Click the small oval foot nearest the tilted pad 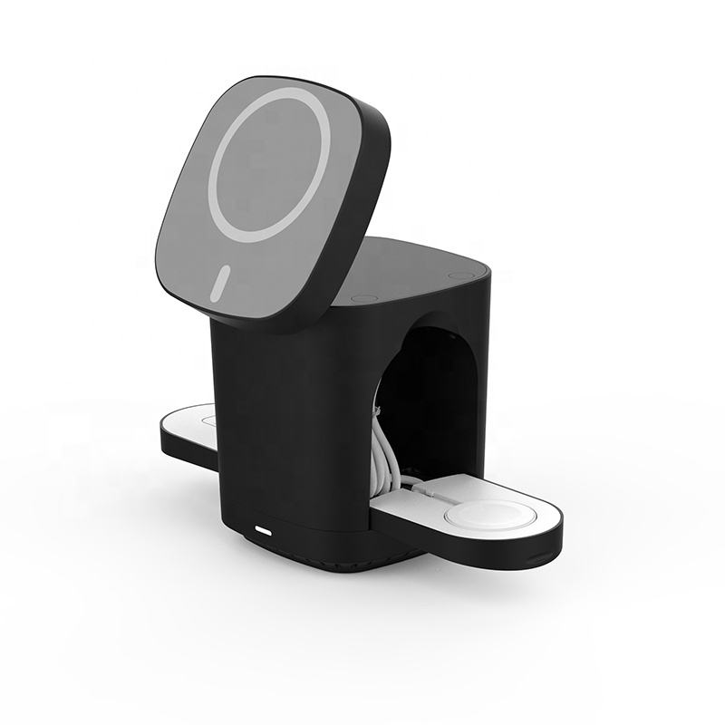coord(364,298)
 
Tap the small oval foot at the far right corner coord(460,275)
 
